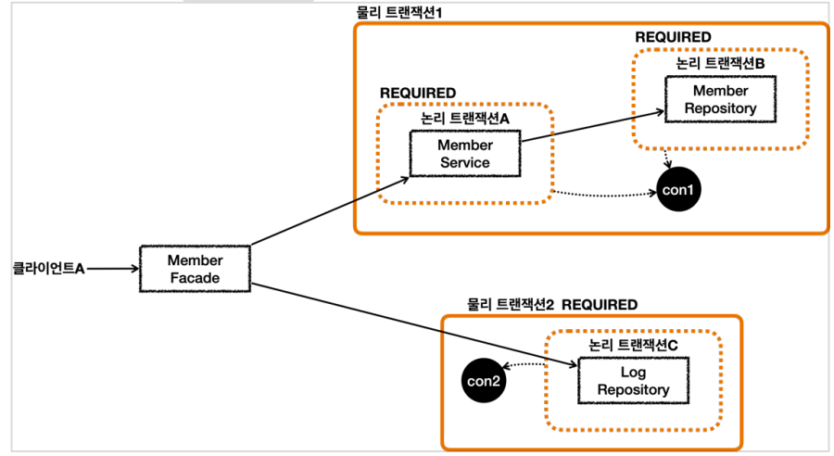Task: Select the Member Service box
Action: tap(465, 154)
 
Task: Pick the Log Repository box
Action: tap(633, 381)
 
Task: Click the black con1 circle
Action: tap(678, 190)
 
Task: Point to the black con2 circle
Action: tap(484, 380)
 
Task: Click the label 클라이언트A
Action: tap(48, 269)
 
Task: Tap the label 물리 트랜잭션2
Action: tap(510, 304)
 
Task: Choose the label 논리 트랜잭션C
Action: tap(633, 344)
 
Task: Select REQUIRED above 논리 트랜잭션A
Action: tap(418, 93)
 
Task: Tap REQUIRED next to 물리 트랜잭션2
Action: tap(600, 304)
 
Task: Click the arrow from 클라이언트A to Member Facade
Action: tap(113, 269)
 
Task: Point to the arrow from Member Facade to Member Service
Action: tap(329, 209)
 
